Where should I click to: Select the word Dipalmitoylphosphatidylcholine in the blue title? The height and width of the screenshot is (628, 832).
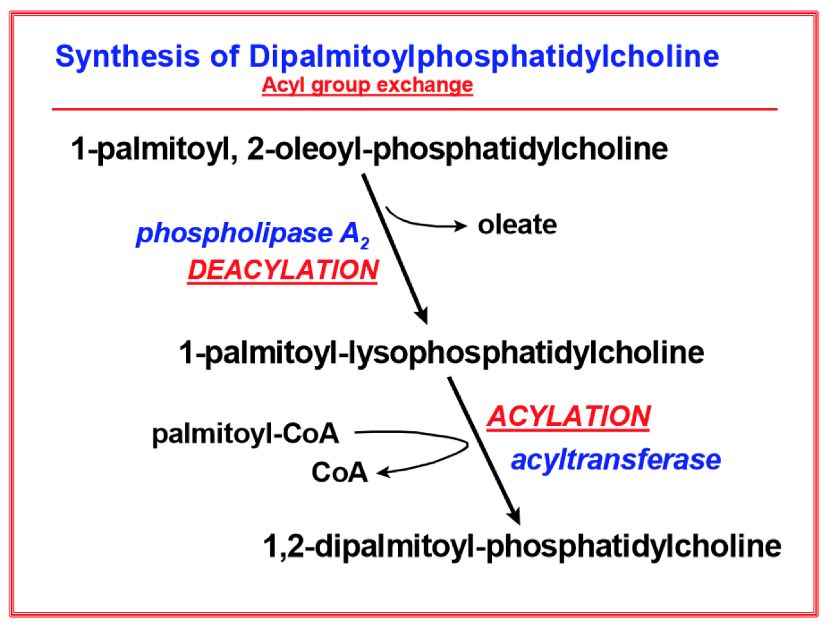[x=484, y=56]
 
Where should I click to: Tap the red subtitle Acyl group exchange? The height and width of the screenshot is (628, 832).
[x=367, y=85]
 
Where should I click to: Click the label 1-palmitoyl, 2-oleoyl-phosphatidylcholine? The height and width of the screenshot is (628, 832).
[x=369, y=149]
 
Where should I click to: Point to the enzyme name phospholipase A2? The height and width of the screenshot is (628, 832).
[x=252, y=233]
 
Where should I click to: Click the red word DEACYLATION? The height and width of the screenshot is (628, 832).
[x=283, y=270]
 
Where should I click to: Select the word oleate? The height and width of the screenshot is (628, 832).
[x=517, y=224]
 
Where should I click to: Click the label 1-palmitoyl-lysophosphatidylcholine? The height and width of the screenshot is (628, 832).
[x=441, y=352]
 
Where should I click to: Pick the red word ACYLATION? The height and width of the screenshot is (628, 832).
[x=569, y=416]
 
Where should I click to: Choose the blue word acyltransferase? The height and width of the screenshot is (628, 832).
[x=615, y=459]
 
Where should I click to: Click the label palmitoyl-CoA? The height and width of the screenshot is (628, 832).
[x=245, y=434]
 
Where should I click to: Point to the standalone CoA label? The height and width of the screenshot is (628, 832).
[x=339, y=473]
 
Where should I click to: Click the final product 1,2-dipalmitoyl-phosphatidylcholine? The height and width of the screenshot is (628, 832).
[x=521, y=546]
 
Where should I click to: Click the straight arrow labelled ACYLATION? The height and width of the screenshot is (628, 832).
[x=484, y=451]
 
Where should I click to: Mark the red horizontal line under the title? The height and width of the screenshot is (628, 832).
[x=414, y=109]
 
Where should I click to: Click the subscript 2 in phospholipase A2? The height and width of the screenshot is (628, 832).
[x=364, y=243]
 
